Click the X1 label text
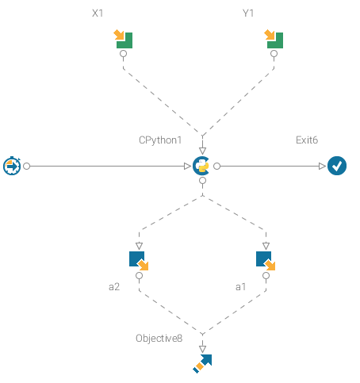click(x=98, y=13)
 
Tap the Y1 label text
click(x=248, y=13)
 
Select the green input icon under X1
click(x=123, y=39)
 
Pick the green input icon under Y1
click(x=274, y=39)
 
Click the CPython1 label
click(x=160, y=140)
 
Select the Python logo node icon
click(x=201, y=166)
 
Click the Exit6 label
click(x=307, y=140)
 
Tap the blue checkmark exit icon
click(x=337, y=166)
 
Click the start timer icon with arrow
click(x=12, y=166)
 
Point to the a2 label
click(x=114, y=287)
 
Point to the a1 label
click(x=240, y=287)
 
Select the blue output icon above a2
click(x=139, y=261)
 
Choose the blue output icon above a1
click(x=266, y=261)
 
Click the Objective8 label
click(x=159, y=339)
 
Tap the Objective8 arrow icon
click(x=202, y=364)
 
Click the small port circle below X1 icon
click(x=123, y=54)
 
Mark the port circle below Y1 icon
click(x=274, y=54)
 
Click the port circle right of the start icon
click(x=27, y=167)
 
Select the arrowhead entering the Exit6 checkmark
click(x=322, y=167)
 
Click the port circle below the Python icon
click(x=202, y=181)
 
